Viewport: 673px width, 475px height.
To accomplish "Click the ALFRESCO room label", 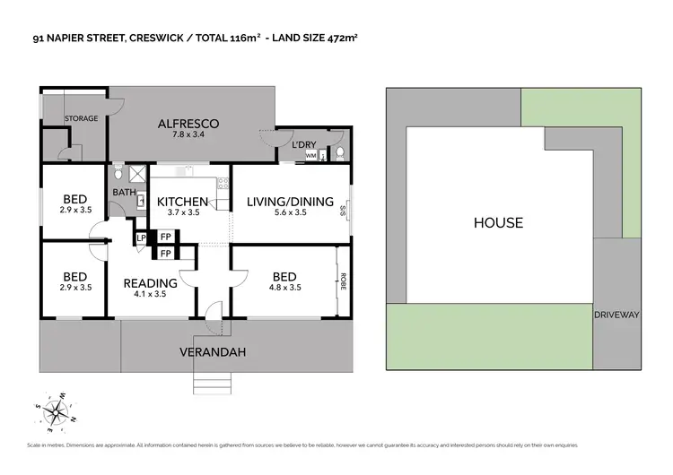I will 188,124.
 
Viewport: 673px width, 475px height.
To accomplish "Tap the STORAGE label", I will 80,117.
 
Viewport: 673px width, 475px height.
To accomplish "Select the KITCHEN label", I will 183,202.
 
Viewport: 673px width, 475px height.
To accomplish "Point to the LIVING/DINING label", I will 290,202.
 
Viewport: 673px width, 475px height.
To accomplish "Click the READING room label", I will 150,283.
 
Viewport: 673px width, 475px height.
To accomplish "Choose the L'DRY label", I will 302,144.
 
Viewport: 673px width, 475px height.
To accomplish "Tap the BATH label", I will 123,192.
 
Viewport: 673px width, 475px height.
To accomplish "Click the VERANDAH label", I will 212,350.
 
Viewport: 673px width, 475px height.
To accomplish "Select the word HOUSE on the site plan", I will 498,222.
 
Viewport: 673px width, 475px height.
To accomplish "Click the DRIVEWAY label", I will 616,315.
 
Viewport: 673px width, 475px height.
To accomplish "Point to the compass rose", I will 57,411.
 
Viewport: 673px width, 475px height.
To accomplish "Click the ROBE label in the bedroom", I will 343,283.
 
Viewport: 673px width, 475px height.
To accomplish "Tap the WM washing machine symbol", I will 310,156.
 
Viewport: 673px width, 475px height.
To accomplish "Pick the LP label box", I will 140,237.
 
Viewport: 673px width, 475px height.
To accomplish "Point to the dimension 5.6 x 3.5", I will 290,213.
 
